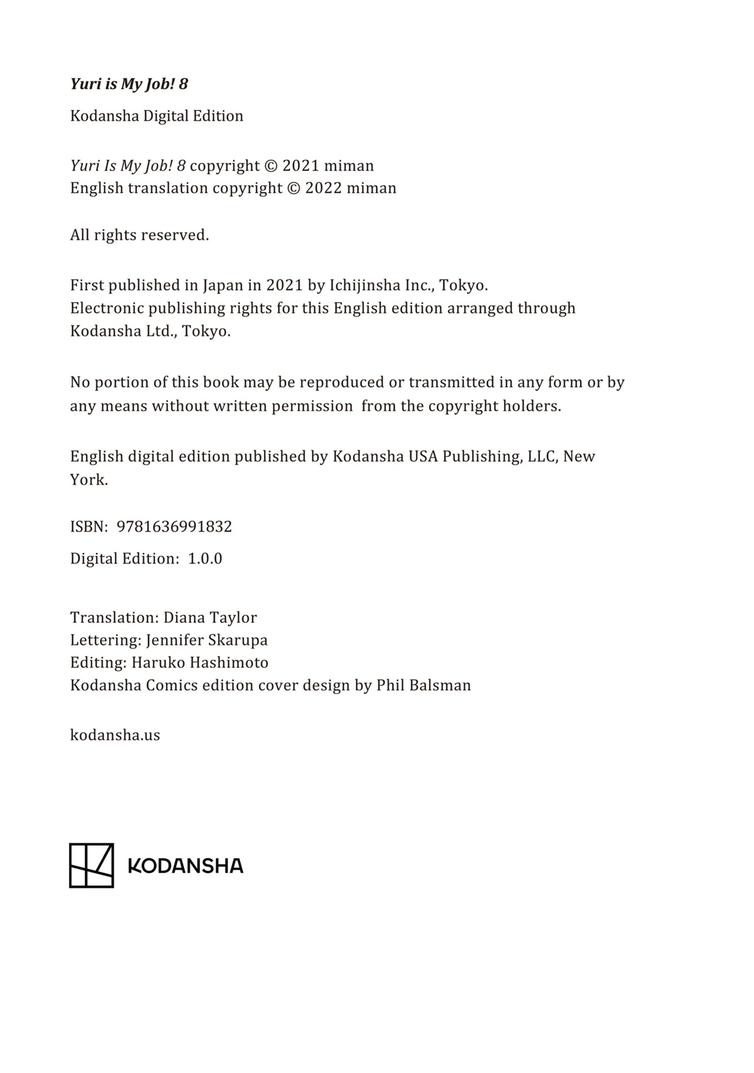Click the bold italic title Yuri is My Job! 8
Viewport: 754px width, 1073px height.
tap(129, 84)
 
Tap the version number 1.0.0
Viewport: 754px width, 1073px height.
tap(205, 558)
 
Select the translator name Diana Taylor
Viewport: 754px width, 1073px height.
tap(210, 617)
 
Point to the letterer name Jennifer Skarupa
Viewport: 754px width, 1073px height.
tap(207, 640)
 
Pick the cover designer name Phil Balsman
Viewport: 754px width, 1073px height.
tap(423, 685)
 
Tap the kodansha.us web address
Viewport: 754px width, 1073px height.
tap(115, 735)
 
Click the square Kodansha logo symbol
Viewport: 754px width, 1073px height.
tap(91, 865)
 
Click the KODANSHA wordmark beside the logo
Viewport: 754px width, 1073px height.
tap(185, 866)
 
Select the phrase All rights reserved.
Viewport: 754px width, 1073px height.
tap(139, 235)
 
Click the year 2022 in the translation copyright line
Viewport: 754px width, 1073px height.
tap(323, 188)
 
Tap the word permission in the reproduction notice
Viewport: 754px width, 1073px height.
tap(312, 406)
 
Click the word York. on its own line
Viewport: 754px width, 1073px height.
tap(89, 480)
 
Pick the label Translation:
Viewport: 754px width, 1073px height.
tap(114, 617)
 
